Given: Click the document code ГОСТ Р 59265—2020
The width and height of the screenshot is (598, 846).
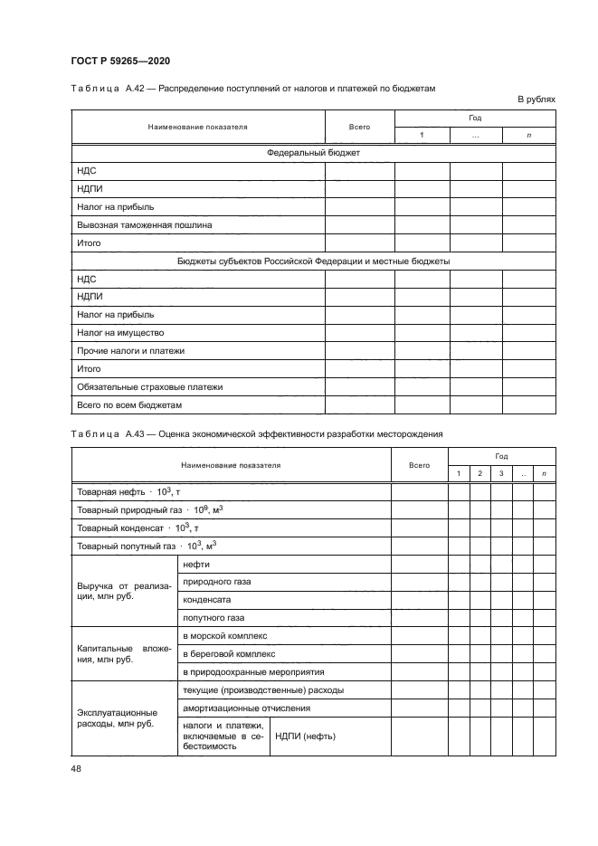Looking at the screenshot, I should click(119, 61).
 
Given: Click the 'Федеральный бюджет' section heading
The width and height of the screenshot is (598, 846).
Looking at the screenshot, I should click(313, 153).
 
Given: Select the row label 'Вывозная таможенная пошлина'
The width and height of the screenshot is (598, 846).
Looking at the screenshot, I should click(145, 225).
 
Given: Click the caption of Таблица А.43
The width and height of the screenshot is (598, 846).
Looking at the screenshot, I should click(256, 434).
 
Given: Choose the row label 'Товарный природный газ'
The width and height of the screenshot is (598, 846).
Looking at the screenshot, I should click(150, 509).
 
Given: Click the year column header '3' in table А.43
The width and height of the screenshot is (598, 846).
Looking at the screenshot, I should click(500, 474).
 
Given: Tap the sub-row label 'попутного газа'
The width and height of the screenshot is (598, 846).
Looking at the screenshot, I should click(214, 618).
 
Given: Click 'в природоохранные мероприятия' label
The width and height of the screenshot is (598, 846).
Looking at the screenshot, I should click(253, 672).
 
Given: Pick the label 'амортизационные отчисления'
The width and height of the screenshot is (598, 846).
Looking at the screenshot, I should click(246, 708).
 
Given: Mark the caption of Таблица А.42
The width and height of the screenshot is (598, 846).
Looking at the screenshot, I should click(252, 89).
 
